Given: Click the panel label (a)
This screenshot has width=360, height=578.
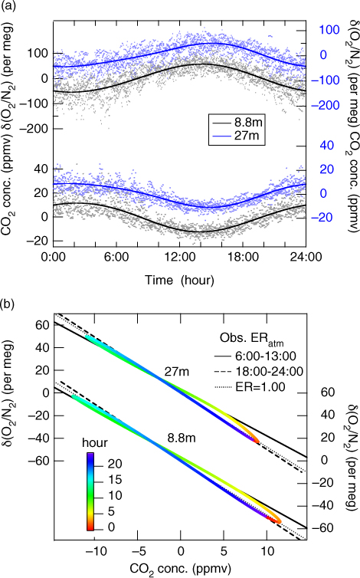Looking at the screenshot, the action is pos(8,6).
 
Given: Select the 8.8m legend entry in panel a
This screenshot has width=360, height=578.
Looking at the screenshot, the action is pos(236,123).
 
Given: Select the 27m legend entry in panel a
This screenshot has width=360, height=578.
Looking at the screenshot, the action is pos(236,135).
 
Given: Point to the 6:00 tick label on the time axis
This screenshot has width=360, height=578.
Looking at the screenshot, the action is pos(116,257).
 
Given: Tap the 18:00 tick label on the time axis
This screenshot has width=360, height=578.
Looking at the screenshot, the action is pos(243,257).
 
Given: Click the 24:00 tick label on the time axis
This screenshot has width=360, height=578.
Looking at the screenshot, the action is pos(306,257).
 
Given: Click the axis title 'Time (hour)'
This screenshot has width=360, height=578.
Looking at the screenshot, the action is pos(179,280).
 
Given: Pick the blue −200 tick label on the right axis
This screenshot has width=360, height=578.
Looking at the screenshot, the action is pos(326,106).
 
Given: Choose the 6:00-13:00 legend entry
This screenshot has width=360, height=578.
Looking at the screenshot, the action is pos(255,356).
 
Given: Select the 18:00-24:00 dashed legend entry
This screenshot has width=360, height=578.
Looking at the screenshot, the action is pos(259,371).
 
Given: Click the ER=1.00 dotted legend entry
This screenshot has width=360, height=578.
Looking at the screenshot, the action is pos(250,386).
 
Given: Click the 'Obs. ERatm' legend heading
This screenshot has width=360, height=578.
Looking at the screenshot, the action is pos(252,338).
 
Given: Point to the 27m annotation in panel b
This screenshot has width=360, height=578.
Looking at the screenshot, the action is pos(177,371).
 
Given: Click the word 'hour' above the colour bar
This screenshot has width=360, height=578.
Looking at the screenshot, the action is pos(95,442).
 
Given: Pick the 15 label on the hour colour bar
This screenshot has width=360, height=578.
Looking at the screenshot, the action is pos(115,480).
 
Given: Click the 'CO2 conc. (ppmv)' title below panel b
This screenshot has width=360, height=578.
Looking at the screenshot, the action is pos(180,569).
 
